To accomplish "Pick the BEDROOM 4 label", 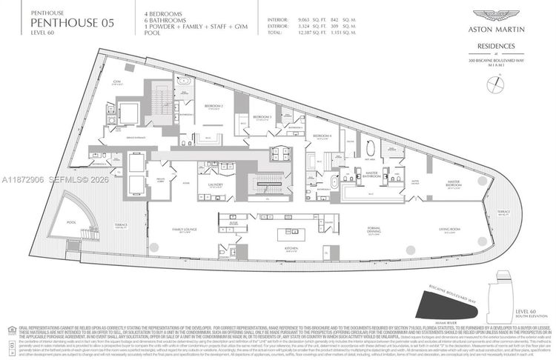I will pyautogui.click(x=320, y=137).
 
